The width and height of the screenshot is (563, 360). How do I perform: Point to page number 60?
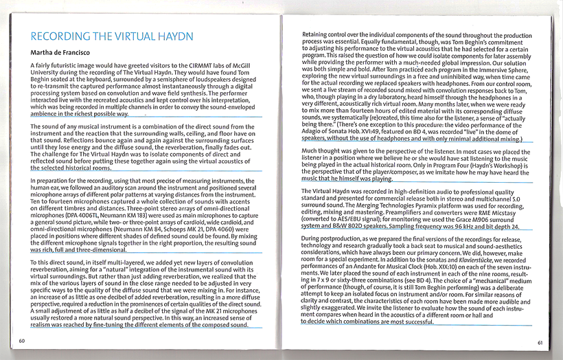[x=22, y=341]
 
